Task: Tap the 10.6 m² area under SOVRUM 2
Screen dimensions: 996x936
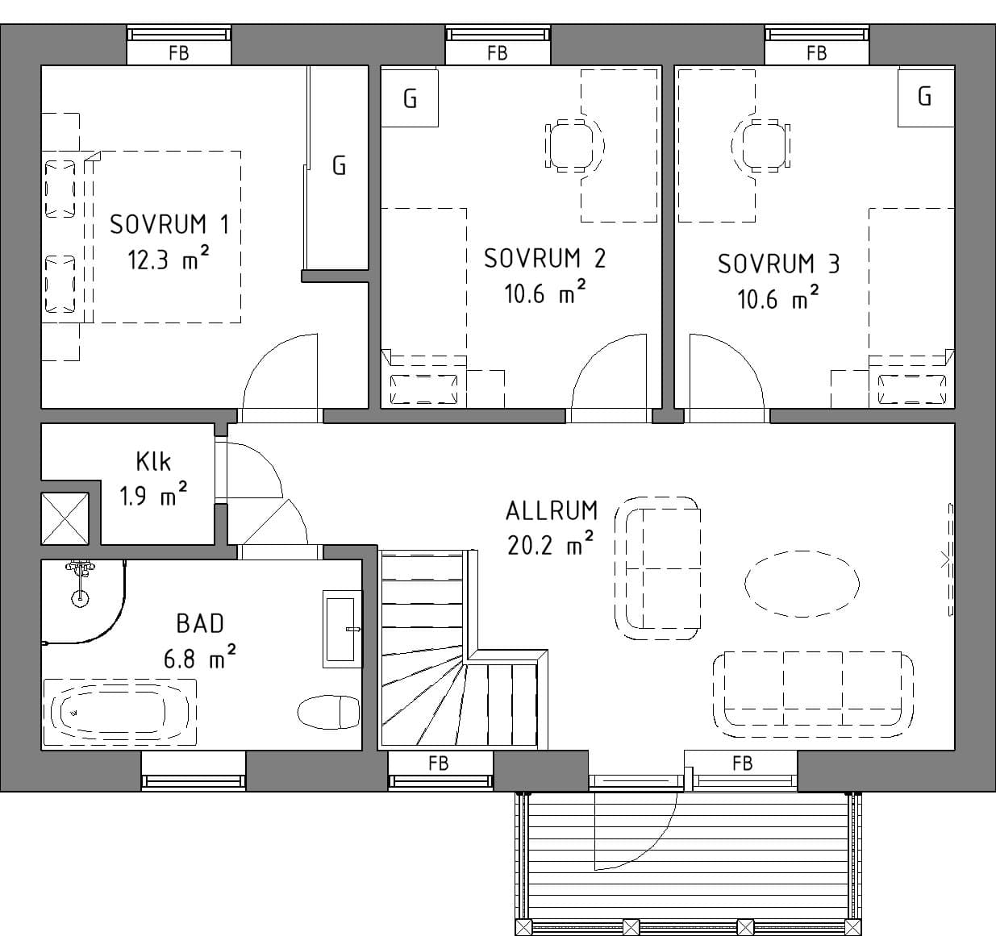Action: tap(544, 293)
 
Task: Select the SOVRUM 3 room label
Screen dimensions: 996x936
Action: tap(778, 264)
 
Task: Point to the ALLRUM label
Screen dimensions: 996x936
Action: tap(552, 511)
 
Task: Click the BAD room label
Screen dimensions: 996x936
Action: tap(200, 624)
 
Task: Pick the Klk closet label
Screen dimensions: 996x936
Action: tap(153, 461)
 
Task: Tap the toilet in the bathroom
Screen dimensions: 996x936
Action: tap(329, 711)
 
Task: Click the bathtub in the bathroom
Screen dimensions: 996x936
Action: tap(120, 712)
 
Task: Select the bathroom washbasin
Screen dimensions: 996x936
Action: tap(342, 629)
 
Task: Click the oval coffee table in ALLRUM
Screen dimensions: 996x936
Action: tap(802, 584)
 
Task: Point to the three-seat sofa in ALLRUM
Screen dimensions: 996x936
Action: tap(813, 694)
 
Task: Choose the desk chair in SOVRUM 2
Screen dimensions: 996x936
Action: tap(574, 146)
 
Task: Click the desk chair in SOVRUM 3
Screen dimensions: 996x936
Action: tap(761, 146)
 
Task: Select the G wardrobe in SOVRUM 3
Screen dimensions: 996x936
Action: tap(926, 98)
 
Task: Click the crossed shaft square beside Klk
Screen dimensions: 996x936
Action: tap(65, 518)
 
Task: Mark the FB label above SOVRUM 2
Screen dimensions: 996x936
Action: tap(498, 53)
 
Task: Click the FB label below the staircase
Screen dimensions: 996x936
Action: tap(438, 763)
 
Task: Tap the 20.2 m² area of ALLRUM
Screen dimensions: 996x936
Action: tap(551, 544)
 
